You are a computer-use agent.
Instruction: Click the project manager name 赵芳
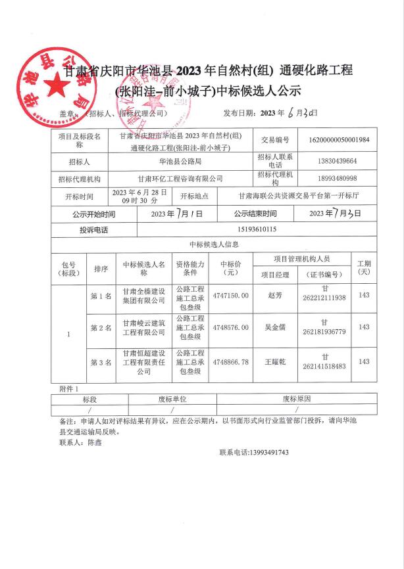coord(273,296)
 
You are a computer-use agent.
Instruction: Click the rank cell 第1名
coord(101,296)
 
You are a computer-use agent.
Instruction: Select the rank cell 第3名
coord(101,362)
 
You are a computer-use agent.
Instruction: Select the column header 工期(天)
coord(364,267)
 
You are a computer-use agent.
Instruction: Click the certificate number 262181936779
coord(323,332)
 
